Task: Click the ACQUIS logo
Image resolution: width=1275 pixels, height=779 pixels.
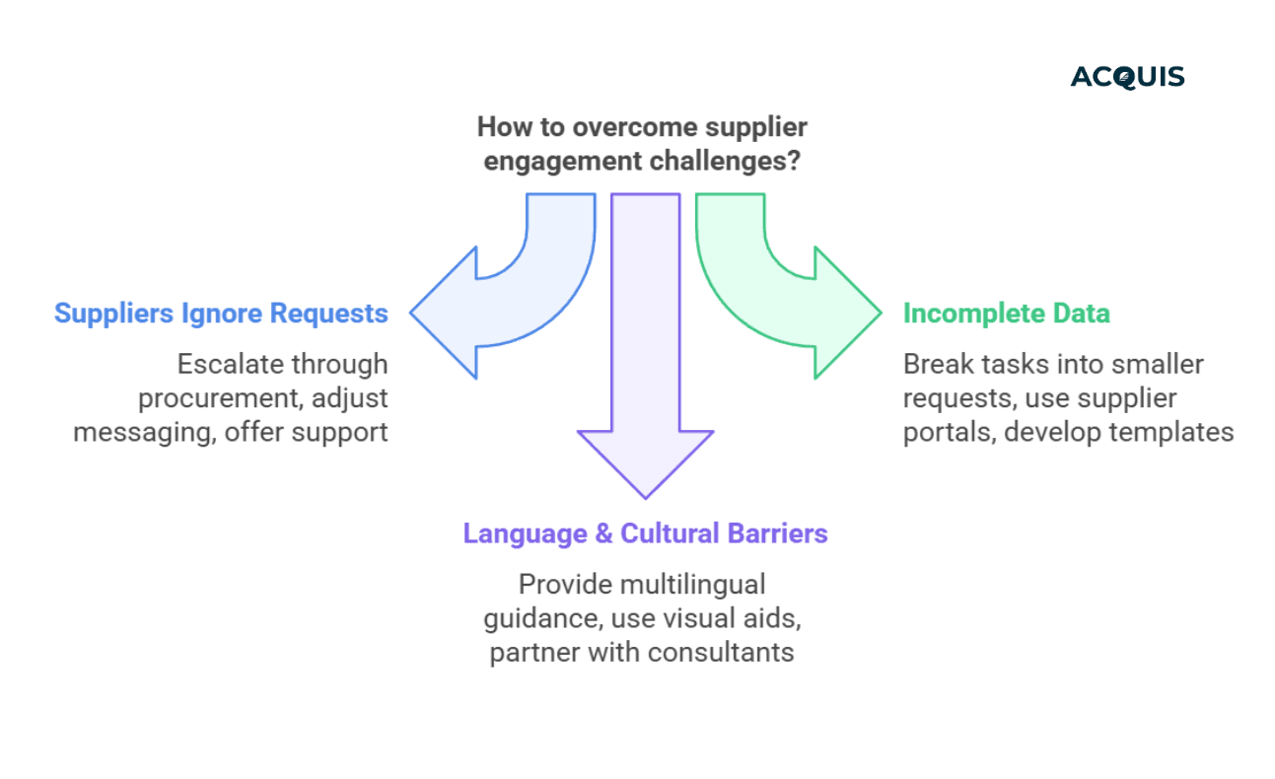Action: tap(1127, 77)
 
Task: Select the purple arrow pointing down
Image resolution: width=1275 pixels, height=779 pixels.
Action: tap(646, 394)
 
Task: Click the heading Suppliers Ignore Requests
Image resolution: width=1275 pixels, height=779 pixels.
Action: tap(221, 314)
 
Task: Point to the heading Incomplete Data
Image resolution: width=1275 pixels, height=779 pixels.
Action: tap(1007, 314)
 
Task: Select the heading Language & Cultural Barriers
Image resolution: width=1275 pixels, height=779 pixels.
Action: tap(645, 533)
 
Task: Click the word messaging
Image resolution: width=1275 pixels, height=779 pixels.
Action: tap(141, 431)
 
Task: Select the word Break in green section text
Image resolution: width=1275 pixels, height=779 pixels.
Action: tap(936, 365)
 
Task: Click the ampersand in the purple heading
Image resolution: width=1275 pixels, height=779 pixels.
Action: tap(601, 534)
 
